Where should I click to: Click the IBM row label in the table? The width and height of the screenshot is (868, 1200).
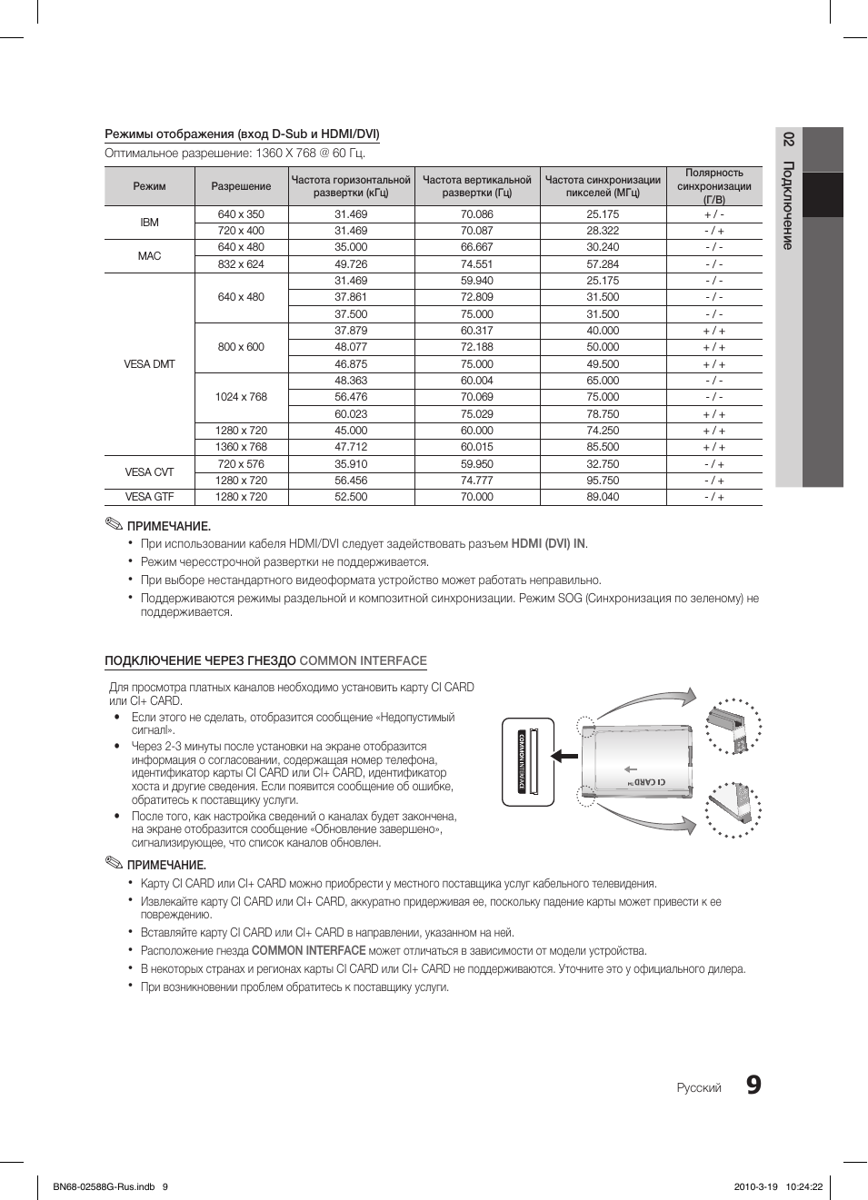[149, 223]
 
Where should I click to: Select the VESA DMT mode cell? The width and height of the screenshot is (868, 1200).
[149, 364]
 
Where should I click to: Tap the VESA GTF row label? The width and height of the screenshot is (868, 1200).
[149, 497]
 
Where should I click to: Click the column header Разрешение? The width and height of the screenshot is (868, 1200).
[241, 186]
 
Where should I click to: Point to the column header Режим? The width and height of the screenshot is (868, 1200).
[149, 186]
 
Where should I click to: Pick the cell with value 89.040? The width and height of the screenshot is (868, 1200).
[603, 497]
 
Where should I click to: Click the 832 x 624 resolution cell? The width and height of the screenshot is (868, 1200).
[241, 264]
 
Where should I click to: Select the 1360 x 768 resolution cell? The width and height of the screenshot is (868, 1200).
[241, 447]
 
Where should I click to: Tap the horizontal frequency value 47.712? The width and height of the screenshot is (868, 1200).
[351, 447]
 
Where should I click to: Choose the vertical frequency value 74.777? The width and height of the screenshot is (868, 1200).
[476, 481]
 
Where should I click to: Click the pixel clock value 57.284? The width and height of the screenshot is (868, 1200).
[603, 264]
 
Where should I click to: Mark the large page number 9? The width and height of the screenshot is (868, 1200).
[753, 1086]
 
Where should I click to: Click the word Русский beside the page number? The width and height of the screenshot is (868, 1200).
[699, 1088]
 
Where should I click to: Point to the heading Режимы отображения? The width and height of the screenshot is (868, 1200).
[242, 134]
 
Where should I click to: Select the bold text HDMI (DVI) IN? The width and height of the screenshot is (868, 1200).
[548, 544]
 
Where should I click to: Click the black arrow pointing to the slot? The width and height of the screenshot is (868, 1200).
[564, 755]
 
